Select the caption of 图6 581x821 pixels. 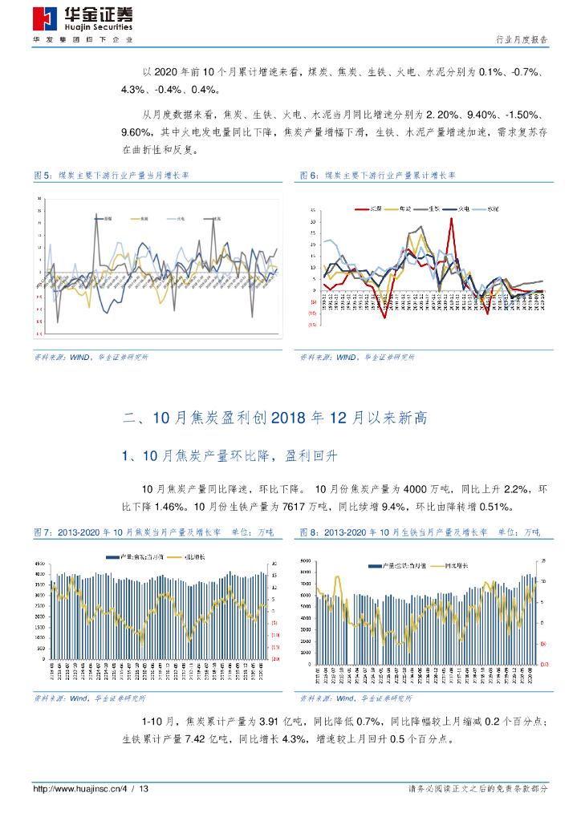[x=377, y=175]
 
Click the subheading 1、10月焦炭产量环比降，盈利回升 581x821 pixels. [x=230, y=455]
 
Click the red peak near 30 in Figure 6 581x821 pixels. [x=451, y=219]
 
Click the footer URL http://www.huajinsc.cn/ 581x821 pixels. [x=76, y=790]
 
